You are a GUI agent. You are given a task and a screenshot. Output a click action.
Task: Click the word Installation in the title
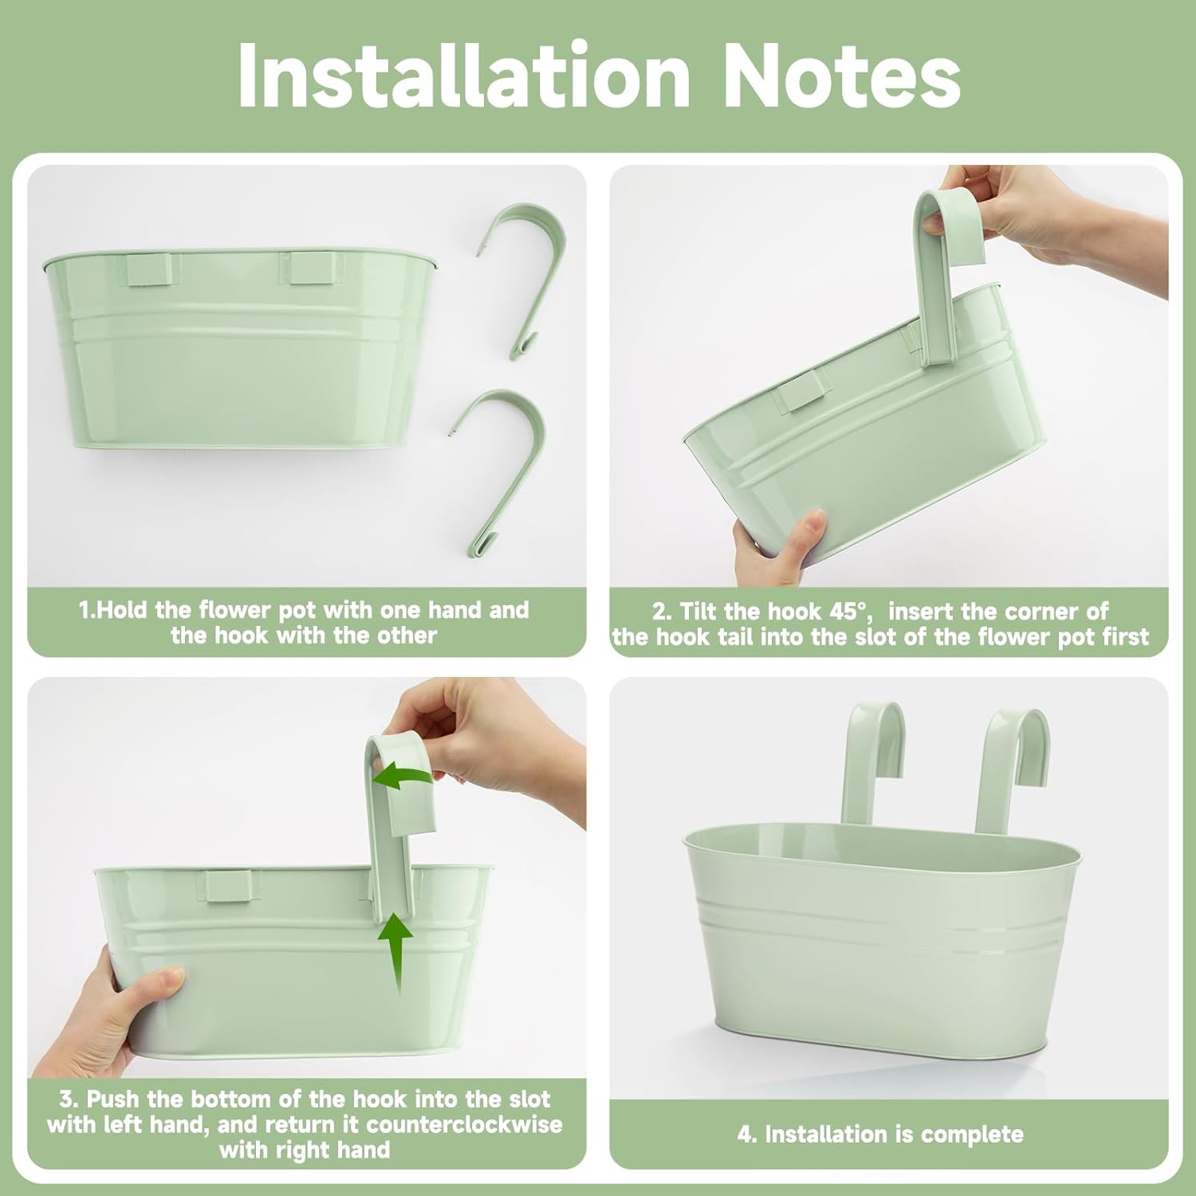click(464, 75)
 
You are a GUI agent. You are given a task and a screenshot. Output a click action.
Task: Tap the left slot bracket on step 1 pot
click(149, 269)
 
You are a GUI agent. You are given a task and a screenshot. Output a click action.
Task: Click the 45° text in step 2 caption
click(846, 612)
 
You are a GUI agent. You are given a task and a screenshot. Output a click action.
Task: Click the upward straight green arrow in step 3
click(395, 953)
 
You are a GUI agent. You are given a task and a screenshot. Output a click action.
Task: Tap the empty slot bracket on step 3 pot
click(229, 886)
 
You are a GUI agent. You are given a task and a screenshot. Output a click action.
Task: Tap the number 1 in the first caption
click(85, 610)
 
